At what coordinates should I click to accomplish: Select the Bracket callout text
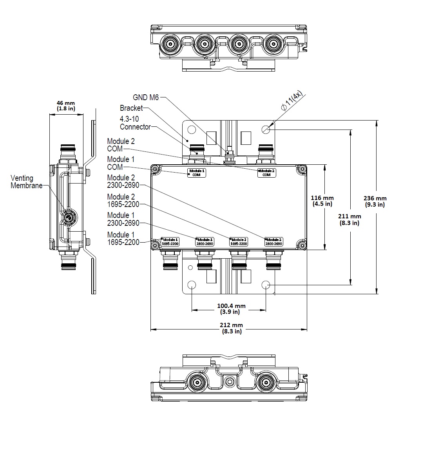[x=131, y=108]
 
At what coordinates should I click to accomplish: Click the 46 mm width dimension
[x=66, y=106]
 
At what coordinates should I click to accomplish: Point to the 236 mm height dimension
[x=375, y=201]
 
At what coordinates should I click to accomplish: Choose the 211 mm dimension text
[x=350, y=219]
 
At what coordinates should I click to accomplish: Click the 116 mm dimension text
[x=322, y=201]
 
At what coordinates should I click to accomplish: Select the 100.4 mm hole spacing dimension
[x=231, y=309]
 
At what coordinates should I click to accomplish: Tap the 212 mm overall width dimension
[x=231, y=328]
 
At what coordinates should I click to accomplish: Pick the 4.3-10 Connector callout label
[x=135, y=123]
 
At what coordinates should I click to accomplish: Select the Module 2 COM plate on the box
[x=266, y=173]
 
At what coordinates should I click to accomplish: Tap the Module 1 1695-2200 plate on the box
[x=170, y=241]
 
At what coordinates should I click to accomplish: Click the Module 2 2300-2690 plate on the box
[x=273, y=241]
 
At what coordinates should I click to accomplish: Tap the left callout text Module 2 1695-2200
[x=123, y=200]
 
